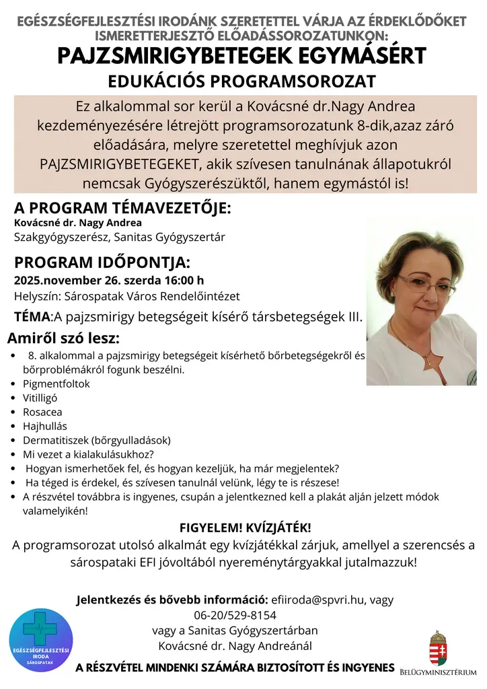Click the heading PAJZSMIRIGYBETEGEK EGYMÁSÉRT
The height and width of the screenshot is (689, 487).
tap(241, 55)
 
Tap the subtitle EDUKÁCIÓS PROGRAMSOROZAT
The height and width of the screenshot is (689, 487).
tap(241, 81)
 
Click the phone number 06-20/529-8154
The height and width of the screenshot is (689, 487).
tap(235, 615)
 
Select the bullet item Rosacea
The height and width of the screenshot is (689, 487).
tap(42, 412)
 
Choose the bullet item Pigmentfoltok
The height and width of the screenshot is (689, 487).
tap(56, 384)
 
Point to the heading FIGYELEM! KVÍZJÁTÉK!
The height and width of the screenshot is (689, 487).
tap(246, 527)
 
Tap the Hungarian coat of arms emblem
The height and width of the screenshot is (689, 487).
tap(439, 647)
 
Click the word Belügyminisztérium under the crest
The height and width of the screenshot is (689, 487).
tap(438, 672)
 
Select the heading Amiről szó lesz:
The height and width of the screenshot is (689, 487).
tap(63, 337)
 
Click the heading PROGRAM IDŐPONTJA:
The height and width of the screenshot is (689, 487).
tap(102, 262)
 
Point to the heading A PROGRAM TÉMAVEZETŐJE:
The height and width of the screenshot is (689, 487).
tap(122, 207)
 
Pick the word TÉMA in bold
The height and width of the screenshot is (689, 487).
tap(32, 316)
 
